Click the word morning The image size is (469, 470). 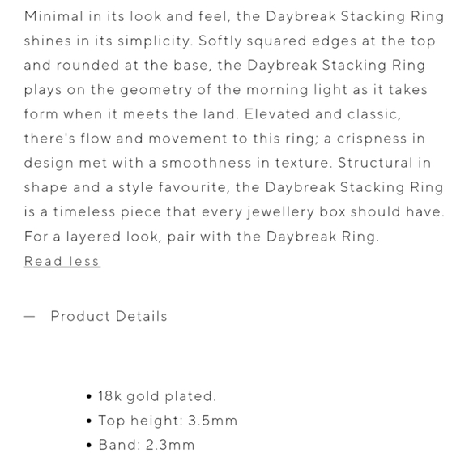point(268,90)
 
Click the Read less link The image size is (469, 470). point(62,261)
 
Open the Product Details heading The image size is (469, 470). point(109,316)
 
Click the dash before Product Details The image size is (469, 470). point(30,317)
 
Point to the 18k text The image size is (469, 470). point(109,396)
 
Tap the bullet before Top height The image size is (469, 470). point(88,421)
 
